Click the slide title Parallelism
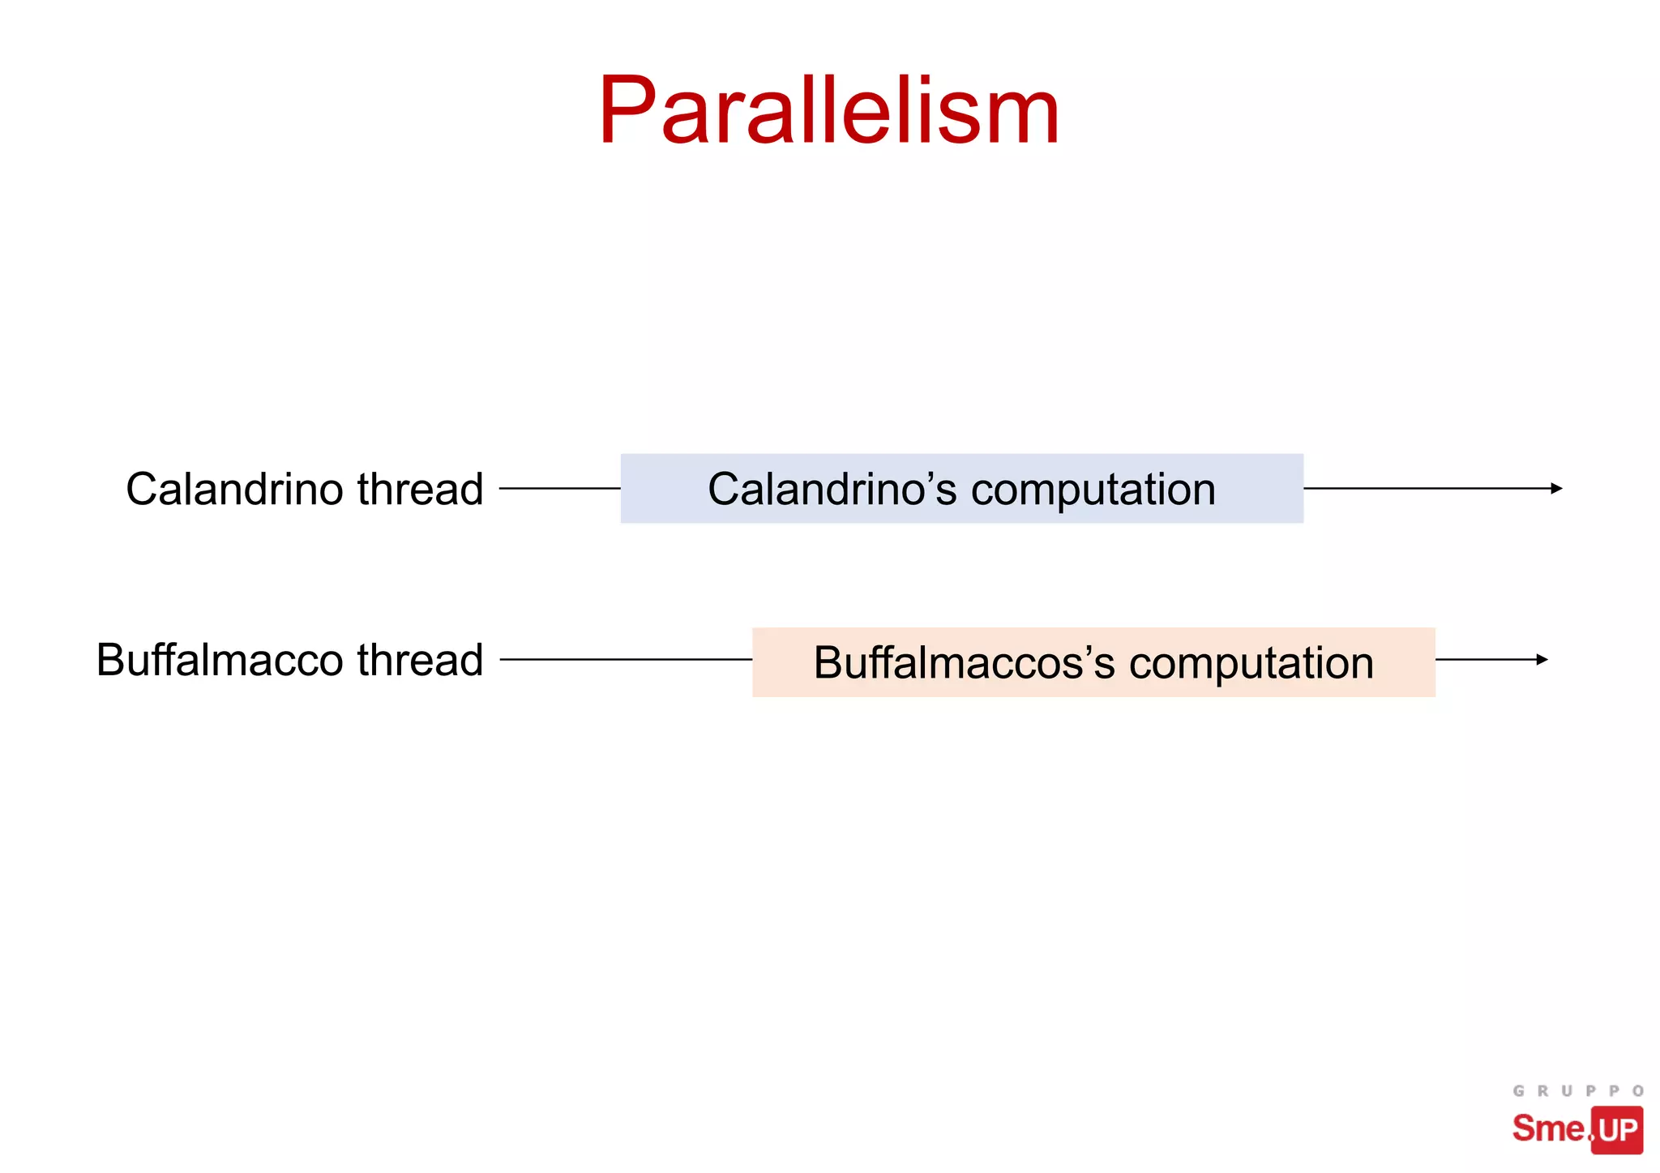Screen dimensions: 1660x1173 [x=828, y=111]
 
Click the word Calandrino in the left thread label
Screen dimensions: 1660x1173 [x=235, y=490]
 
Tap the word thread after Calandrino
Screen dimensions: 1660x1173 [x=420, y=490]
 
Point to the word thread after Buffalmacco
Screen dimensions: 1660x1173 [x=420, y=660]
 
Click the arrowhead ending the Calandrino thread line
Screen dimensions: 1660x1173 [x=1555, y=488]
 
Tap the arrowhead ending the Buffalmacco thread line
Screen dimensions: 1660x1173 [x=1542, y=660]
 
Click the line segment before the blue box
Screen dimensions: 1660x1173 [x=559, y=488]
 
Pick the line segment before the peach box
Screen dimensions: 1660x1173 [x=626, y=660]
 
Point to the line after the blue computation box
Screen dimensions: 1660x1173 [x=1427, y=488]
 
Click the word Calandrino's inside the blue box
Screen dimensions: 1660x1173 [x=832, y=490]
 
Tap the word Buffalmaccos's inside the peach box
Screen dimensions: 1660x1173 [x=964, y=663]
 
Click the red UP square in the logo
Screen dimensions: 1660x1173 [x=1617, y=1129]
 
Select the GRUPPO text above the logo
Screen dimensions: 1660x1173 [x=1577, y=1091]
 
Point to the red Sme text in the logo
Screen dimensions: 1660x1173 [x=1548, y=1128]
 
